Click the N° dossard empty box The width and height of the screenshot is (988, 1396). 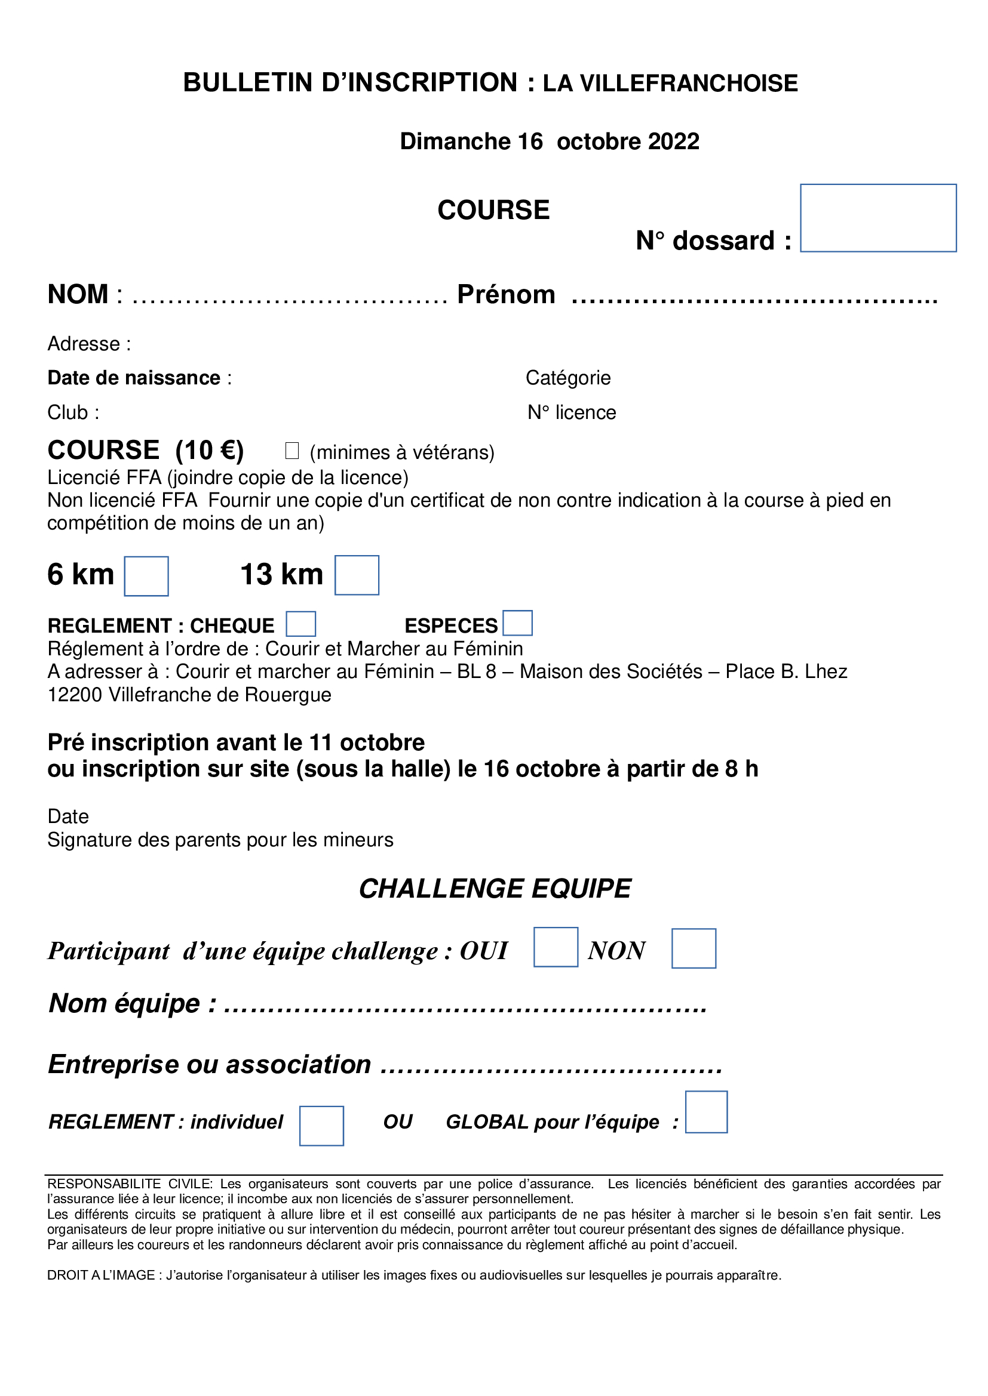pyautogui.click(x=878, y=218)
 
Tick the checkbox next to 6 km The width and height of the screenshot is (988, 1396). pyautogui.click(x=146, y=576)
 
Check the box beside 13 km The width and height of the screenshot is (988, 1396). pyautogui.click(x=357, y=575)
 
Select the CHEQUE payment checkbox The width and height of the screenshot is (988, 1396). pyautogui.click(x=300, y=624)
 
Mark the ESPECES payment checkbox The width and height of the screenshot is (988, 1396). pyautogui.click(x=517, y=623)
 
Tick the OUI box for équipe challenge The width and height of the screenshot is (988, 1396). pyautogui.click(x=556, y=947)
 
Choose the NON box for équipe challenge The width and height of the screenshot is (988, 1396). pyautogui.click(x=694, y=948)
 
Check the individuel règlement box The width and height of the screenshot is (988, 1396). pyautogui.click(x=321, y=1126)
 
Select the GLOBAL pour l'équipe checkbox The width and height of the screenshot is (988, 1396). pyautogui.click(x=705, y=1112)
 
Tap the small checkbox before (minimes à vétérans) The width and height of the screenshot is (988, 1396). pyautogui.click(x=292, y=451)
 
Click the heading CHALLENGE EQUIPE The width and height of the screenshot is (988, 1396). pyautogui.click(x=495, y=888)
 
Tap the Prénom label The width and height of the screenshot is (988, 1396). pyautogui.click(x=506, y=294)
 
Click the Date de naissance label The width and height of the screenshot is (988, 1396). pyautogui.click(x=134, y=378)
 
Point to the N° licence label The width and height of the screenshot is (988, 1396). pyautogui.click(x=571, y=412)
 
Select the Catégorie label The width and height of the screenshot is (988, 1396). pyautogui.click(x=567, y=378)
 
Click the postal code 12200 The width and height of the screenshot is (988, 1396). pyautogui.click(x=75, y=694)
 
